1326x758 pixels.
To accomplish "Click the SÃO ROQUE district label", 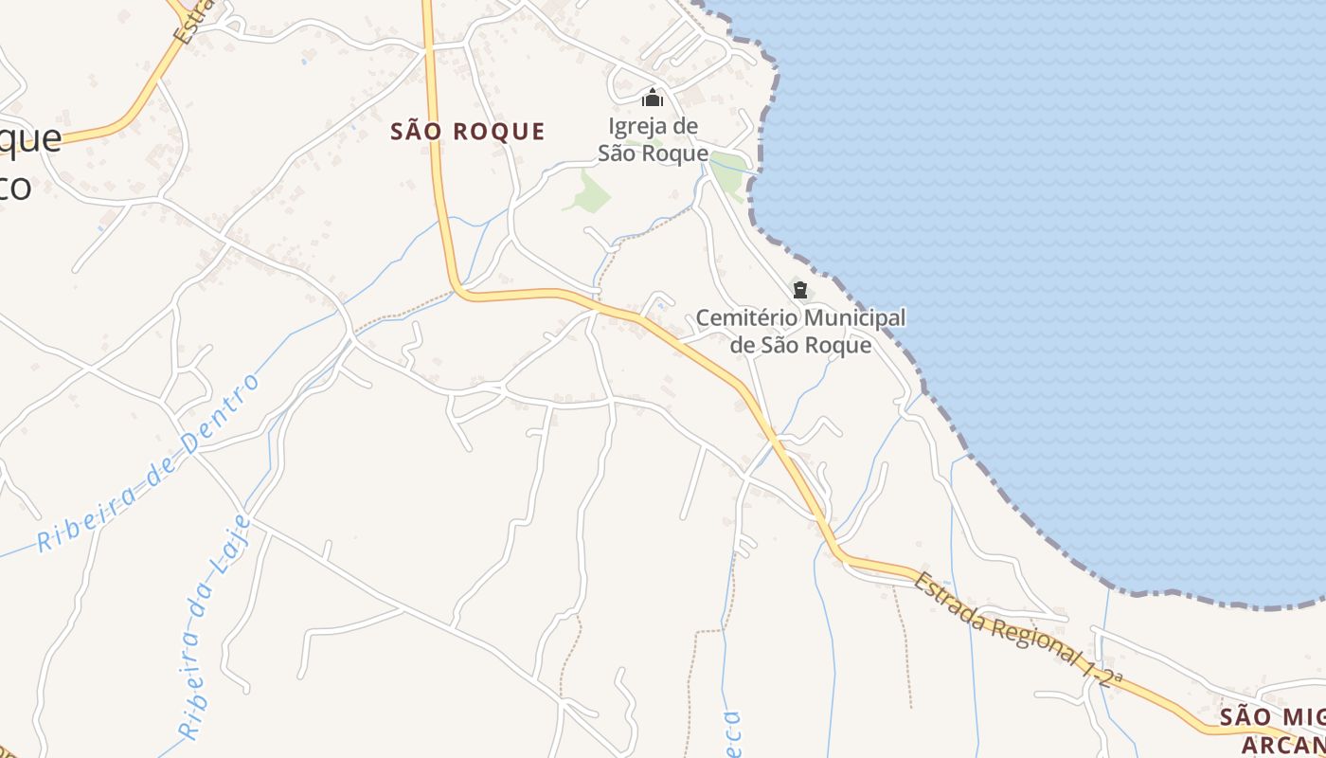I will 468,132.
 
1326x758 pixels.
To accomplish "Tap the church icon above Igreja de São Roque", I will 652,98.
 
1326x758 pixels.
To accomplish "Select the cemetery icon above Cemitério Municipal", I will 800,289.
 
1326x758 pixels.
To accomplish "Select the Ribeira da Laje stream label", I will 215,625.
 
